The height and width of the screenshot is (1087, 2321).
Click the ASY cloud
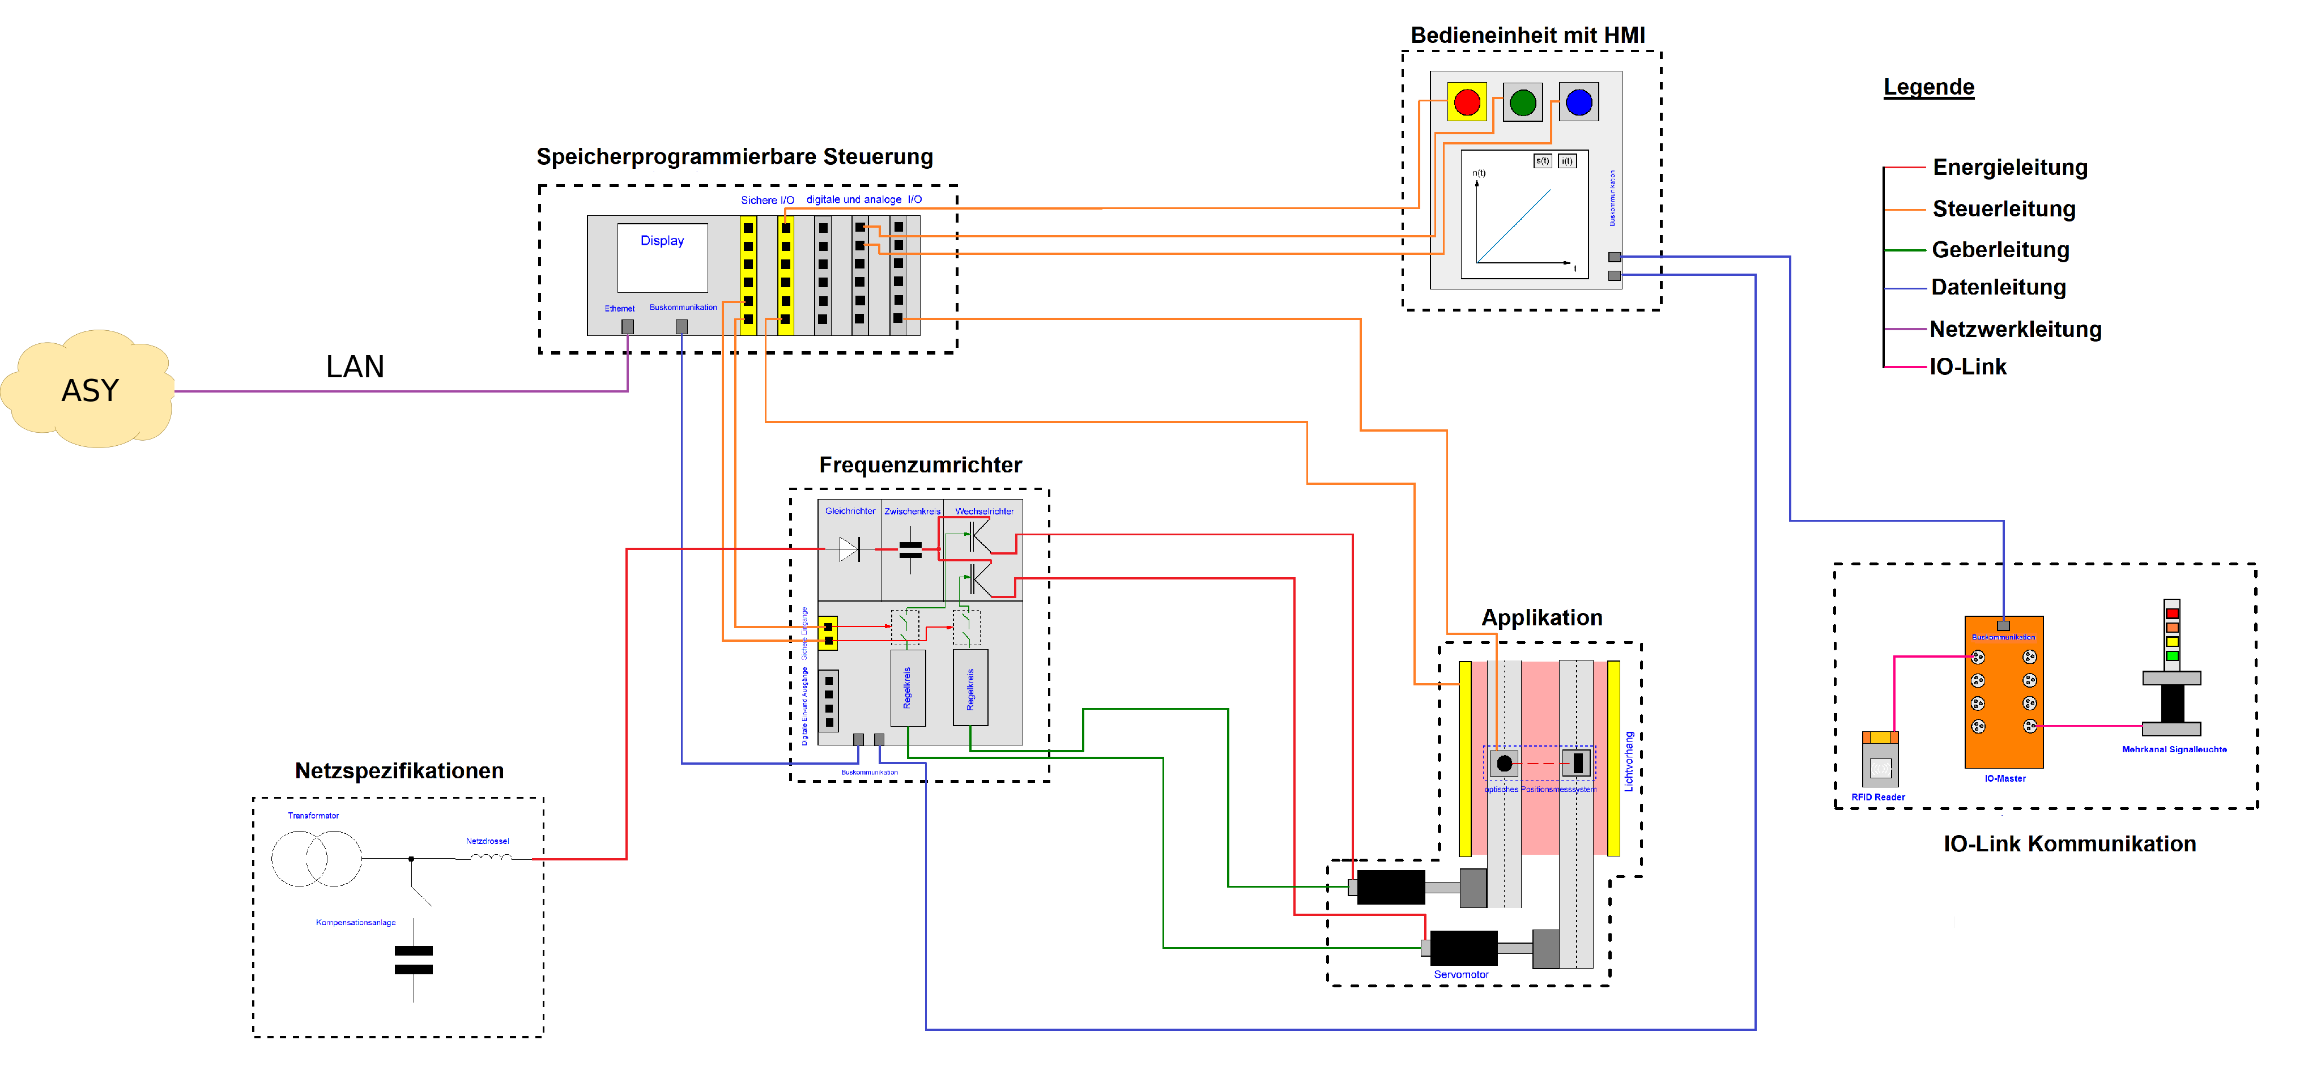click(x=88, y=389)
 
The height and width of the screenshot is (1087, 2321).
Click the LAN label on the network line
click(x=355, y=366)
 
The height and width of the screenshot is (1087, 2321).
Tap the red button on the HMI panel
click(x=1466, y=102)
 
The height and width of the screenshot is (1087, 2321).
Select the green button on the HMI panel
click(x=1523, y=102)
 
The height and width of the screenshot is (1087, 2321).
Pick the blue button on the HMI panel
click(x=1578, y=102)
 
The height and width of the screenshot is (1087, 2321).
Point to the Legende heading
click(x=1928, y=87)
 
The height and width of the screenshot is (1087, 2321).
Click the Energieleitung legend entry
click(x=2009, y=168)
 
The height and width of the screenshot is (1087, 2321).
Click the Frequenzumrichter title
click(x=920, y=464)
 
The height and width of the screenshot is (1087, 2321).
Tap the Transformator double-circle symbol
click(x=316, y=858)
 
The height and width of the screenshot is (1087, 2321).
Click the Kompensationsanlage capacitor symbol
click(x=414, y=960)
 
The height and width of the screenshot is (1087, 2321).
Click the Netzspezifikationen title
click(x=399, y=771)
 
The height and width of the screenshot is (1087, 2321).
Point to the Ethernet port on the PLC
click(x=627, y=327)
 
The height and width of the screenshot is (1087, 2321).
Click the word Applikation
click(x=1541, y=618)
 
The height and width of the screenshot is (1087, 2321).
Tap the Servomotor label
click(x=1460, y=974)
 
